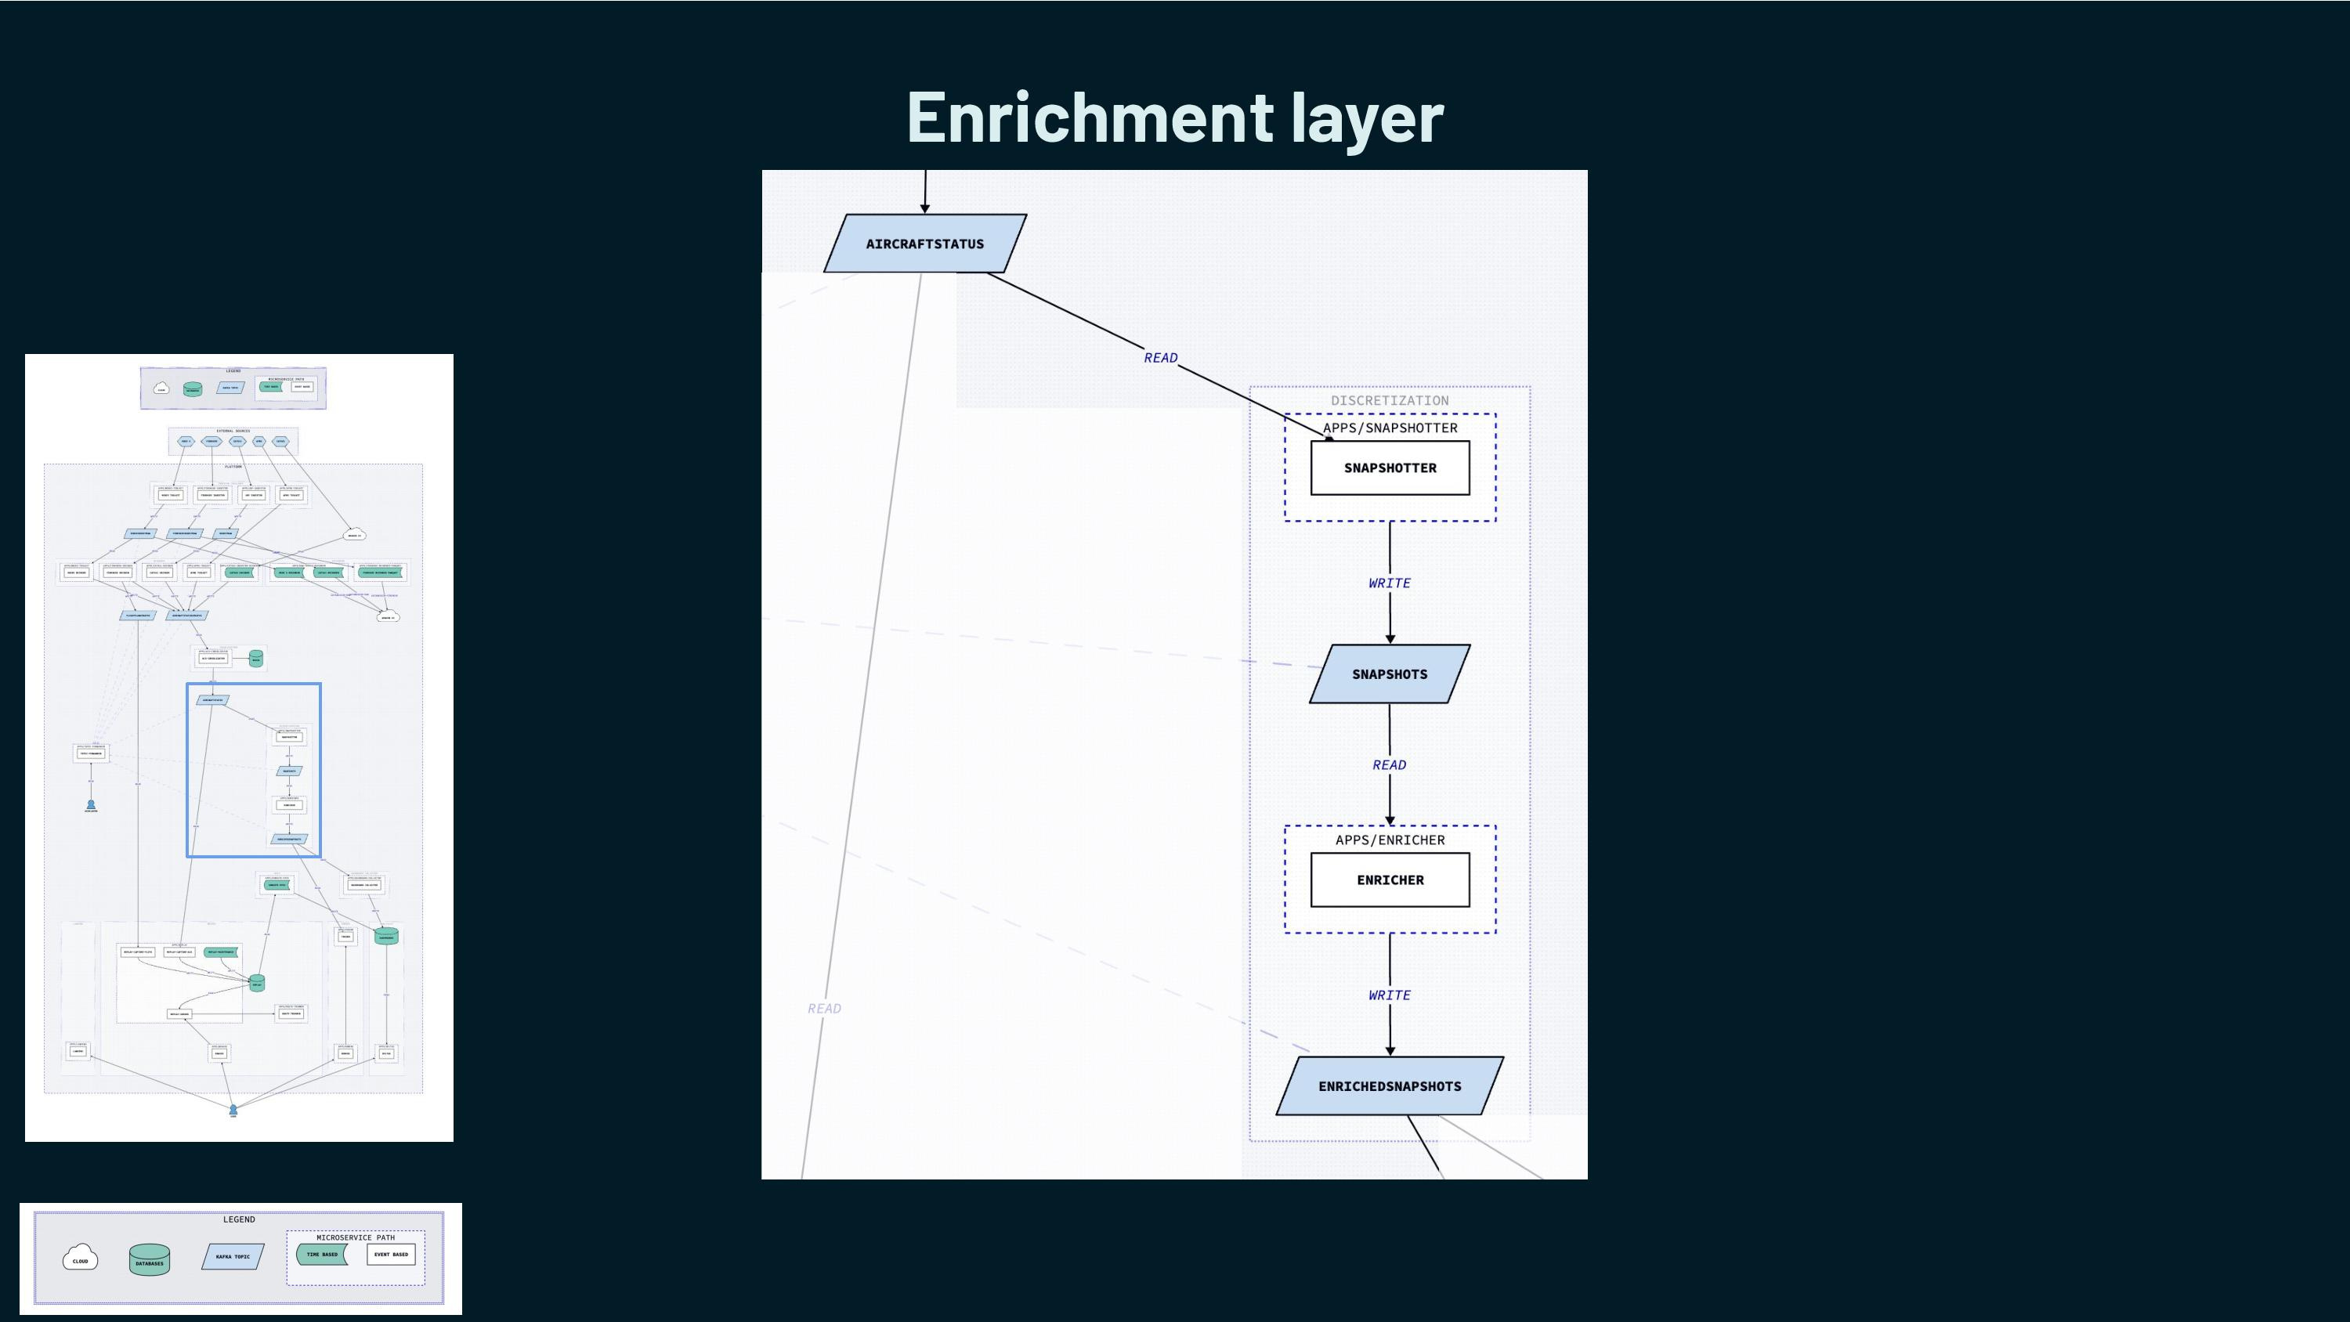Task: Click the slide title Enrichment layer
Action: click(1174, 117)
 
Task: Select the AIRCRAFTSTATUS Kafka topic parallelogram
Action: click(924, 244)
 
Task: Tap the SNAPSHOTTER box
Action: click(1390, 468)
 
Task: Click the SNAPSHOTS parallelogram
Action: click(1390, 674)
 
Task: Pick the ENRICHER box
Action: click(1390, 880)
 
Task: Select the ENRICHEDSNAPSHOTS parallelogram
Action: click(1390, 1085)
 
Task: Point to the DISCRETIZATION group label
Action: click(1390, 400)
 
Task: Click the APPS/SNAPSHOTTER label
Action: click(1390, 428)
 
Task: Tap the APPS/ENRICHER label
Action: click(1390, 840)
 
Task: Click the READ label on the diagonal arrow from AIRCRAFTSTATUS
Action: click(1160, 358)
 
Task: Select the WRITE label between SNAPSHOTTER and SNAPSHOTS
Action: click(1390, 583)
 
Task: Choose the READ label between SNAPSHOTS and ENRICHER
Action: click(1390, 764)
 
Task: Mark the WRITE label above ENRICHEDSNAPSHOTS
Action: click(1390, 995)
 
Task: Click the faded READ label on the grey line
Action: click(824, 1008)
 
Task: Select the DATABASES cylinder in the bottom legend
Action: click(150, 1259)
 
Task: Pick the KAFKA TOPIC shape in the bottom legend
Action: click(233, 1256)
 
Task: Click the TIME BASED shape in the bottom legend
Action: click(321, 1255)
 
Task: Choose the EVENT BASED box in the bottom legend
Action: click(390, 1255)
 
